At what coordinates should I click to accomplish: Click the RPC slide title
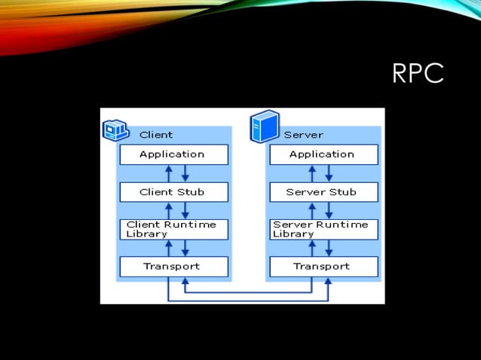click(418, 75)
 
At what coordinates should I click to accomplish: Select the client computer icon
click(115, 131)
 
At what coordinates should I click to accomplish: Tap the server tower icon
click(265, 126)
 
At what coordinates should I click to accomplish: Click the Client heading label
click(156, 135)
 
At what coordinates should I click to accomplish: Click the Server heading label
click(303, 135)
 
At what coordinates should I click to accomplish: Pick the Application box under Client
click(173, 154)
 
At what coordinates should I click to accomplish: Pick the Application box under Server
click(323, 154)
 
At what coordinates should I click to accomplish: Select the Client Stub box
click(173, 192)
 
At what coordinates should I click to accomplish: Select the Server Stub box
click(323, 192)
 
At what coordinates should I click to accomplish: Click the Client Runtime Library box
click(173, 229)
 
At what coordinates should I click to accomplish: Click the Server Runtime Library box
click(323, 229)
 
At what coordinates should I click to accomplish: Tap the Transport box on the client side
click(173, 266)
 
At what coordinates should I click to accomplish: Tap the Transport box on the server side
click(323, 266)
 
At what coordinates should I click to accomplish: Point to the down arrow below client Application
click(185, 173)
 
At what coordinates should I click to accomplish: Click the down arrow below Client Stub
click(185, 210)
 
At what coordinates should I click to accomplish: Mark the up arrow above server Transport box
click(312, 248)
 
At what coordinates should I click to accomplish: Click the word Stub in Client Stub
click(191, 192)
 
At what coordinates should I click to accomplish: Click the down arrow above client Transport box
click(185, 248)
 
